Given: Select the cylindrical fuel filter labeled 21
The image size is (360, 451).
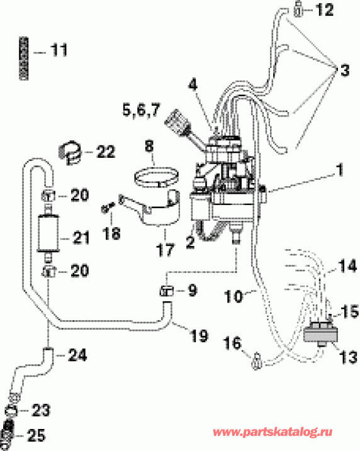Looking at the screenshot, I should click(48, 233).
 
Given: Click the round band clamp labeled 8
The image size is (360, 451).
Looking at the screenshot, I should click(155, 173).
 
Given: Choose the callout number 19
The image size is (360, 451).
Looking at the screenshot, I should click(199, 336).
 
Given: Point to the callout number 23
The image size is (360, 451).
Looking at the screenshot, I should click(39, 413).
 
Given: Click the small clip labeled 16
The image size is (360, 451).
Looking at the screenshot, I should click(256, 361).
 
